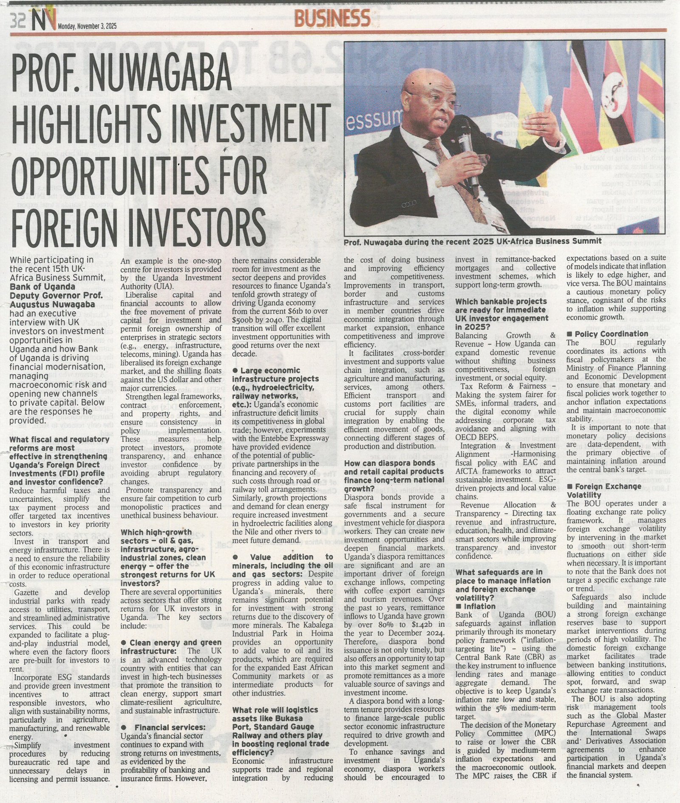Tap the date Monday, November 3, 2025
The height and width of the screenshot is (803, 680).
click(x=87, y=26)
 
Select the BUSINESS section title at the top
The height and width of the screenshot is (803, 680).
click(x=332, y=19)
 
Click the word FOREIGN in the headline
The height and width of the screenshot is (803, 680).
click(x=63, y=224)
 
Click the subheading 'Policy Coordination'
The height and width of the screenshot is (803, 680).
click(x=610, y=334)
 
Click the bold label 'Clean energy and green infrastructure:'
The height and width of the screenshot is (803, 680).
click(x=171, y=647)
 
